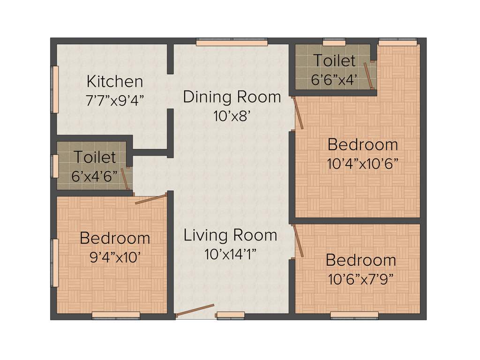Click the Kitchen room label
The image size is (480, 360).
pos(115,81)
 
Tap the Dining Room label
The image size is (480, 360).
pos(232,97)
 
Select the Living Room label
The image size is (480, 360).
pos(230,235)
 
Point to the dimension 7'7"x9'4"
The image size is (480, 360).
pos(115,99)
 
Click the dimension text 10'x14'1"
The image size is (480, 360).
pos(230,254)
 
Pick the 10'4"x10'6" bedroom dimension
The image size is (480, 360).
pos(363,164)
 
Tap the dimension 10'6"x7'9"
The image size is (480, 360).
pos(361,278)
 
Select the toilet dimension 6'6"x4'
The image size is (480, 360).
pos(335,79)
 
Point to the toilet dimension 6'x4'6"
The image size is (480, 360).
pos(94,176)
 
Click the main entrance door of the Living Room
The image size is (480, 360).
pos(195,311)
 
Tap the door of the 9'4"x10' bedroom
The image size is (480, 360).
pos(150,199)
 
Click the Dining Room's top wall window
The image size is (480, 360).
pos(232,42)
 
